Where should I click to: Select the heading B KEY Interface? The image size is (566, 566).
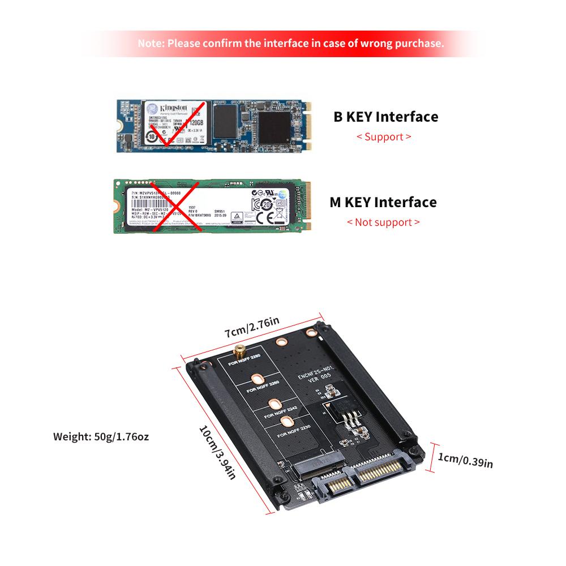385,117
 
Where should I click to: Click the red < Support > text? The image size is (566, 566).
384,136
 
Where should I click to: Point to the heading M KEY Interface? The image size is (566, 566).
383,202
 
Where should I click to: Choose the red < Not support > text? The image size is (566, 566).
383,222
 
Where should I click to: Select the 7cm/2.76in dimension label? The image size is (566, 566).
252,328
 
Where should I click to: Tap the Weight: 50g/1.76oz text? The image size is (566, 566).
101,436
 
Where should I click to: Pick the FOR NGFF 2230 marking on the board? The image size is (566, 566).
294,431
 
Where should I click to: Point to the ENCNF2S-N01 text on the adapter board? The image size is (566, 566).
317,375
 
